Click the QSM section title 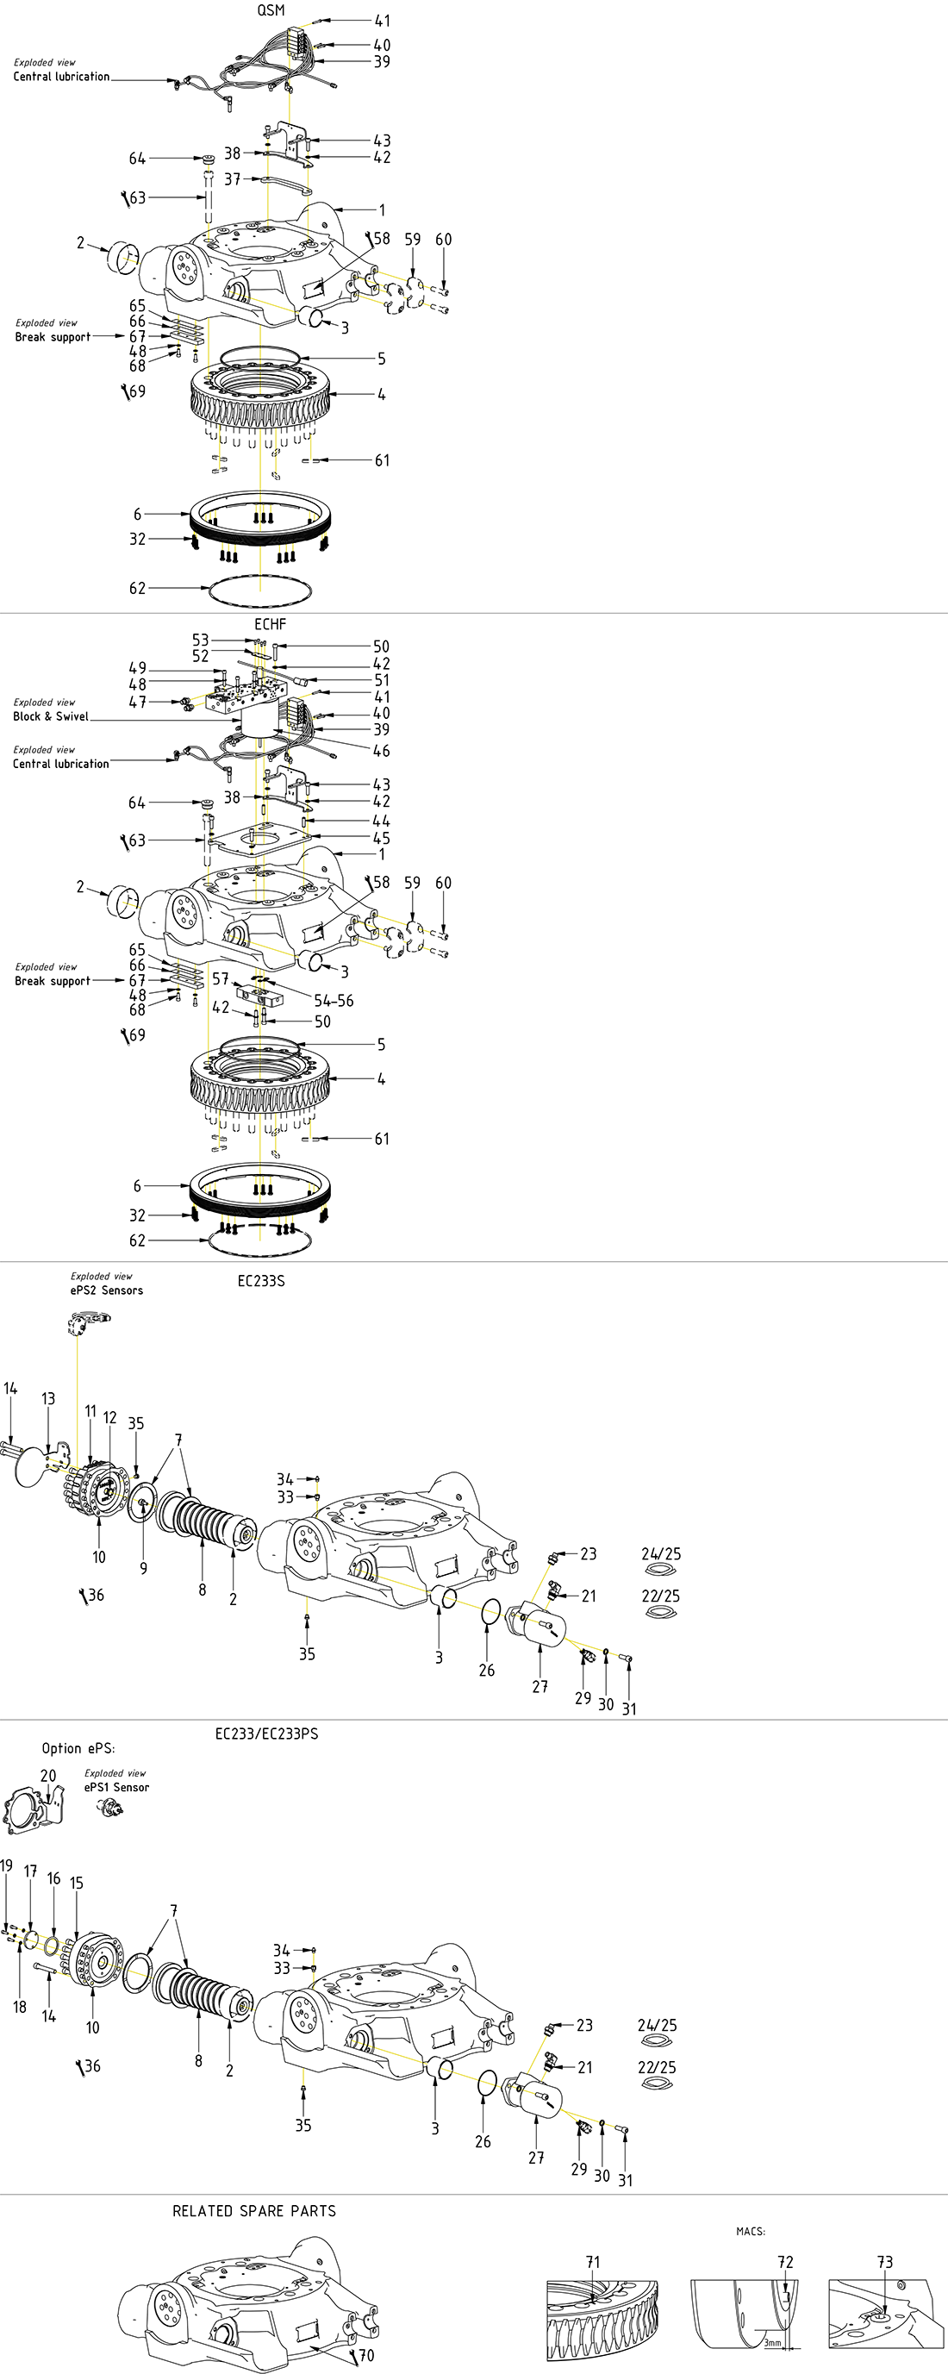click(271, 10)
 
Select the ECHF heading click(270, 624)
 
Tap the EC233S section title click(261, 1280)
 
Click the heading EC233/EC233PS click(266, 1733)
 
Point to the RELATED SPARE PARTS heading click(254, 2210)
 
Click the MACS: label click(751, 2231)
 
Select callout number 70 click(365, 2355)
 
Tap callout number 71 click(592, 2262)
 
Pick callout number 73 click(884, 2262)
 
